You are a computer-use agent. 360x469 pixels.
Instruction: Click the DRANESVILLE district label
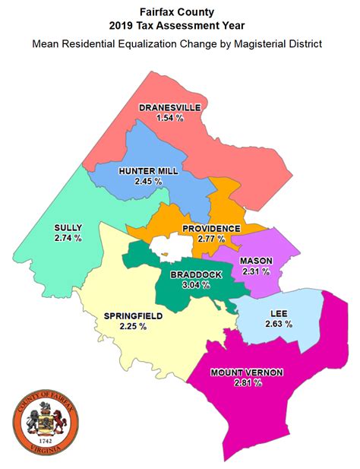[169, 108]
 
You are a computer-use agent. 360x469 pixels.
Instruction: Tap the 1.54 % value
[169, 119]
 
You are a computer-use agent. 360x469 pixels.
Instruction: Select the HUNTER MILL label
[148, 171]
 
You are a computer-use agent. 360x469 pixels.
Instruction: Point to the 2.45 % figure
[148, 182]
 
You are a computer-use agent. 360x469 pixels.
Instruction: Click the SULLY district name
[68, 227]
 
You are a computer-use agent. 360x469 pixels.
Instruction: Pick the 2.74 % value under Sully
[68, 238]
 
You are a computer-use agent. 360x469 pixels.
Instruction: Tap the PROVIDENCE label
[211, 228]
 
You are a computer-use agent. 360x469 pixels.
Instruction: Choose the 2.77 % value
[210, 239]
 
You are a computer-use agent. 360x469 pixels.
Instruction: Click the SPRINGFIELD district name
[133, 315]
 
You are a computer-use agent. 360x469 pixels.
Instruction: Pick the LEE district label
[278, 312]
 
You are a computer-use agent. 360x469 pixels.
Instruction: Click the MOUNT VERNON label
[247, 372]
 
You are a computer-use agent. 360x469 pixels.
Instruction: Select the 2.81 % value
[248, 383]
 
